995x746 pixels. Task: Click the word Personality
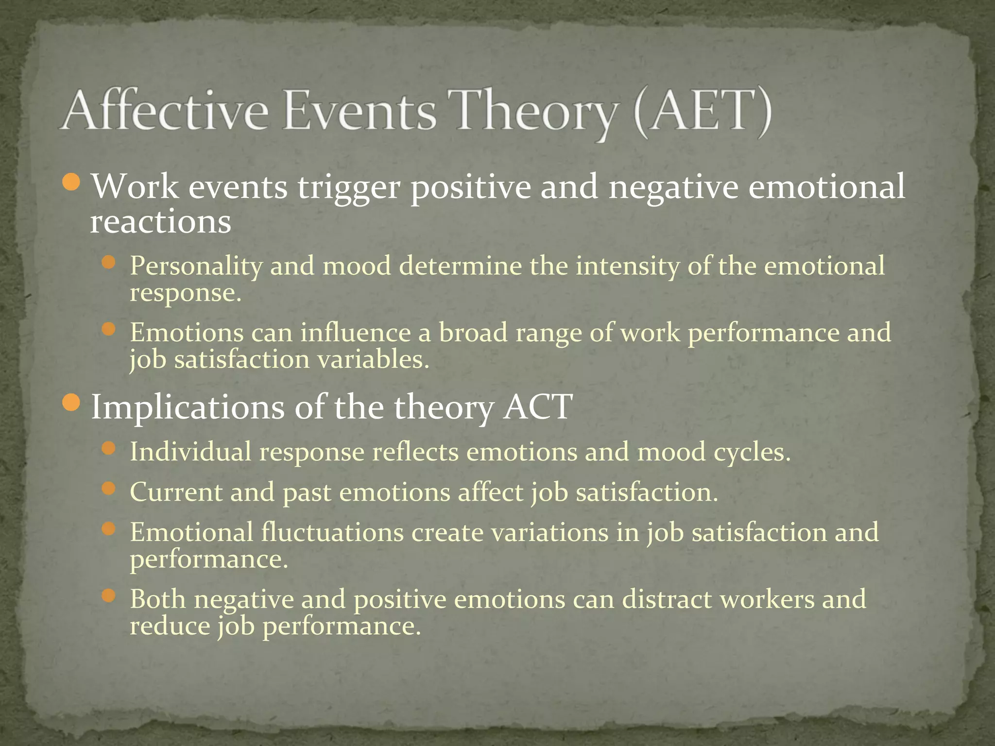click(x=196, y=267)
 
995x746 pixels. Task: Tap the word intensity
click(x=627, y=267)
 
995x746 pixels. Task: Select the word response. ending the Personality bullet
click(x=185, y=293)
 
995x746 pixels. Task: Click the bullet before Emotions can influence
click(x=109, y=330)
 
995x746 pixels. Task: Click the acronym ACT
click(x=538, y=407)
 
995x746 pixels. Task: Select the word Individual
click(x=190, y=452)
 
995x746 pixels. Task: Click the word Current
click(x=176, y=492)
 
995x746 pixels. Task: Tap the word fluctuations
click(x=332, y=532)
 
